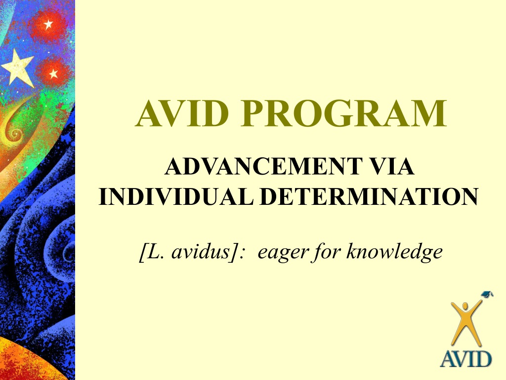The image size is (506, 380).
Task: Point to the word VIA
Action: [x=392, y=166]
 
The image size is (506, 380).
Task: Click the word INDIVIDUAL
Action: [x=176, y=196]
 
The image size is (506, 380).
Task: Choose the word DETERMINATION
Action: [x=369, y=196]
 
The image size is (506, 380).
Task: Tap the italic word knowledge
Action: [x=394, y=252]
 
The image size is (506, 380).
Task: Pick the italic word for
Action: [x=326, y=252]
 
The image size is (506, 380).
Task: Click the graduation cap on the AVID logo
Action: [x=487, y=294]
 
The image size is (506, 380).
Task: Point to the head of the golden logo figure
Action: [x=465, y=306]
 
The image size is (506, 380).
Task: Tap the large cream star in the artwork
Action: [x=18, y=68]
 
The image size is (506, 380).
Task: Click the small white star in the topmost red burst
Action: [x=48, y=24]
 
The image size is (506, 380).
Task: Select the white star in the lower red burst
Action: [x=53, y=74]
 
